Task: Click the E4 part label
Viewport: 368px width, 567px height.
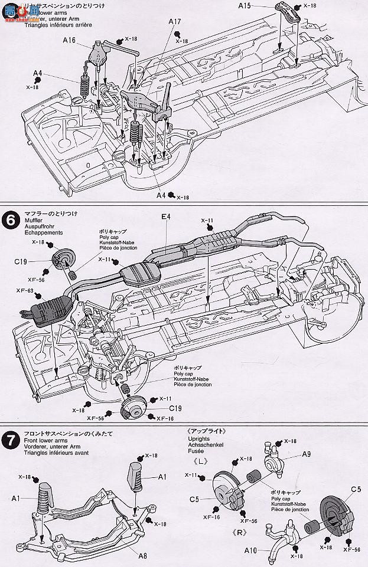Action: (165, 217)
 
